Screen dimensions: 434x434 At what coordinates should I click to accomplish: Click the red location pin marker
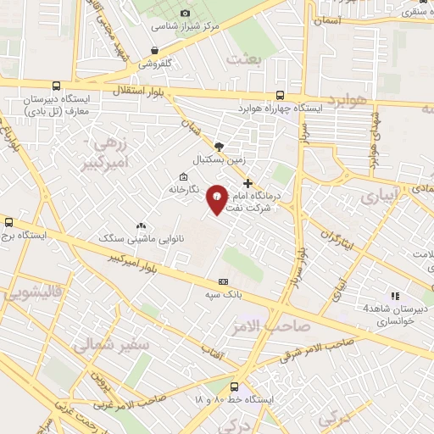pos(217,198)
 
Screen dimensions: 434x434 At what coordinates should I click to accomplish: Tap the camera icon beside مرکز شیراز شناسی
pos(186,13)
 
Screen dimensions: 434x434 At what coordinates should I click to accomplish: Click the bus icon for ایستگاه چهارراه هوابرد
pos(281,95)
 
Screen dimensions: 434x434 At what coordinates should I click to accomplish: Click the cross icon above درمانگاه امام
pos(248,183)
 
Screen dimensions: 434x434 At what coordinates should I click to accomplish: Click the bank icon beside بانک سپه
pos(224,281)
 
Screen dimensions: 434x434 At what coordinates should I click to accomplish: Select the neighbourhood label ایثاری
pos(378,196)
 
